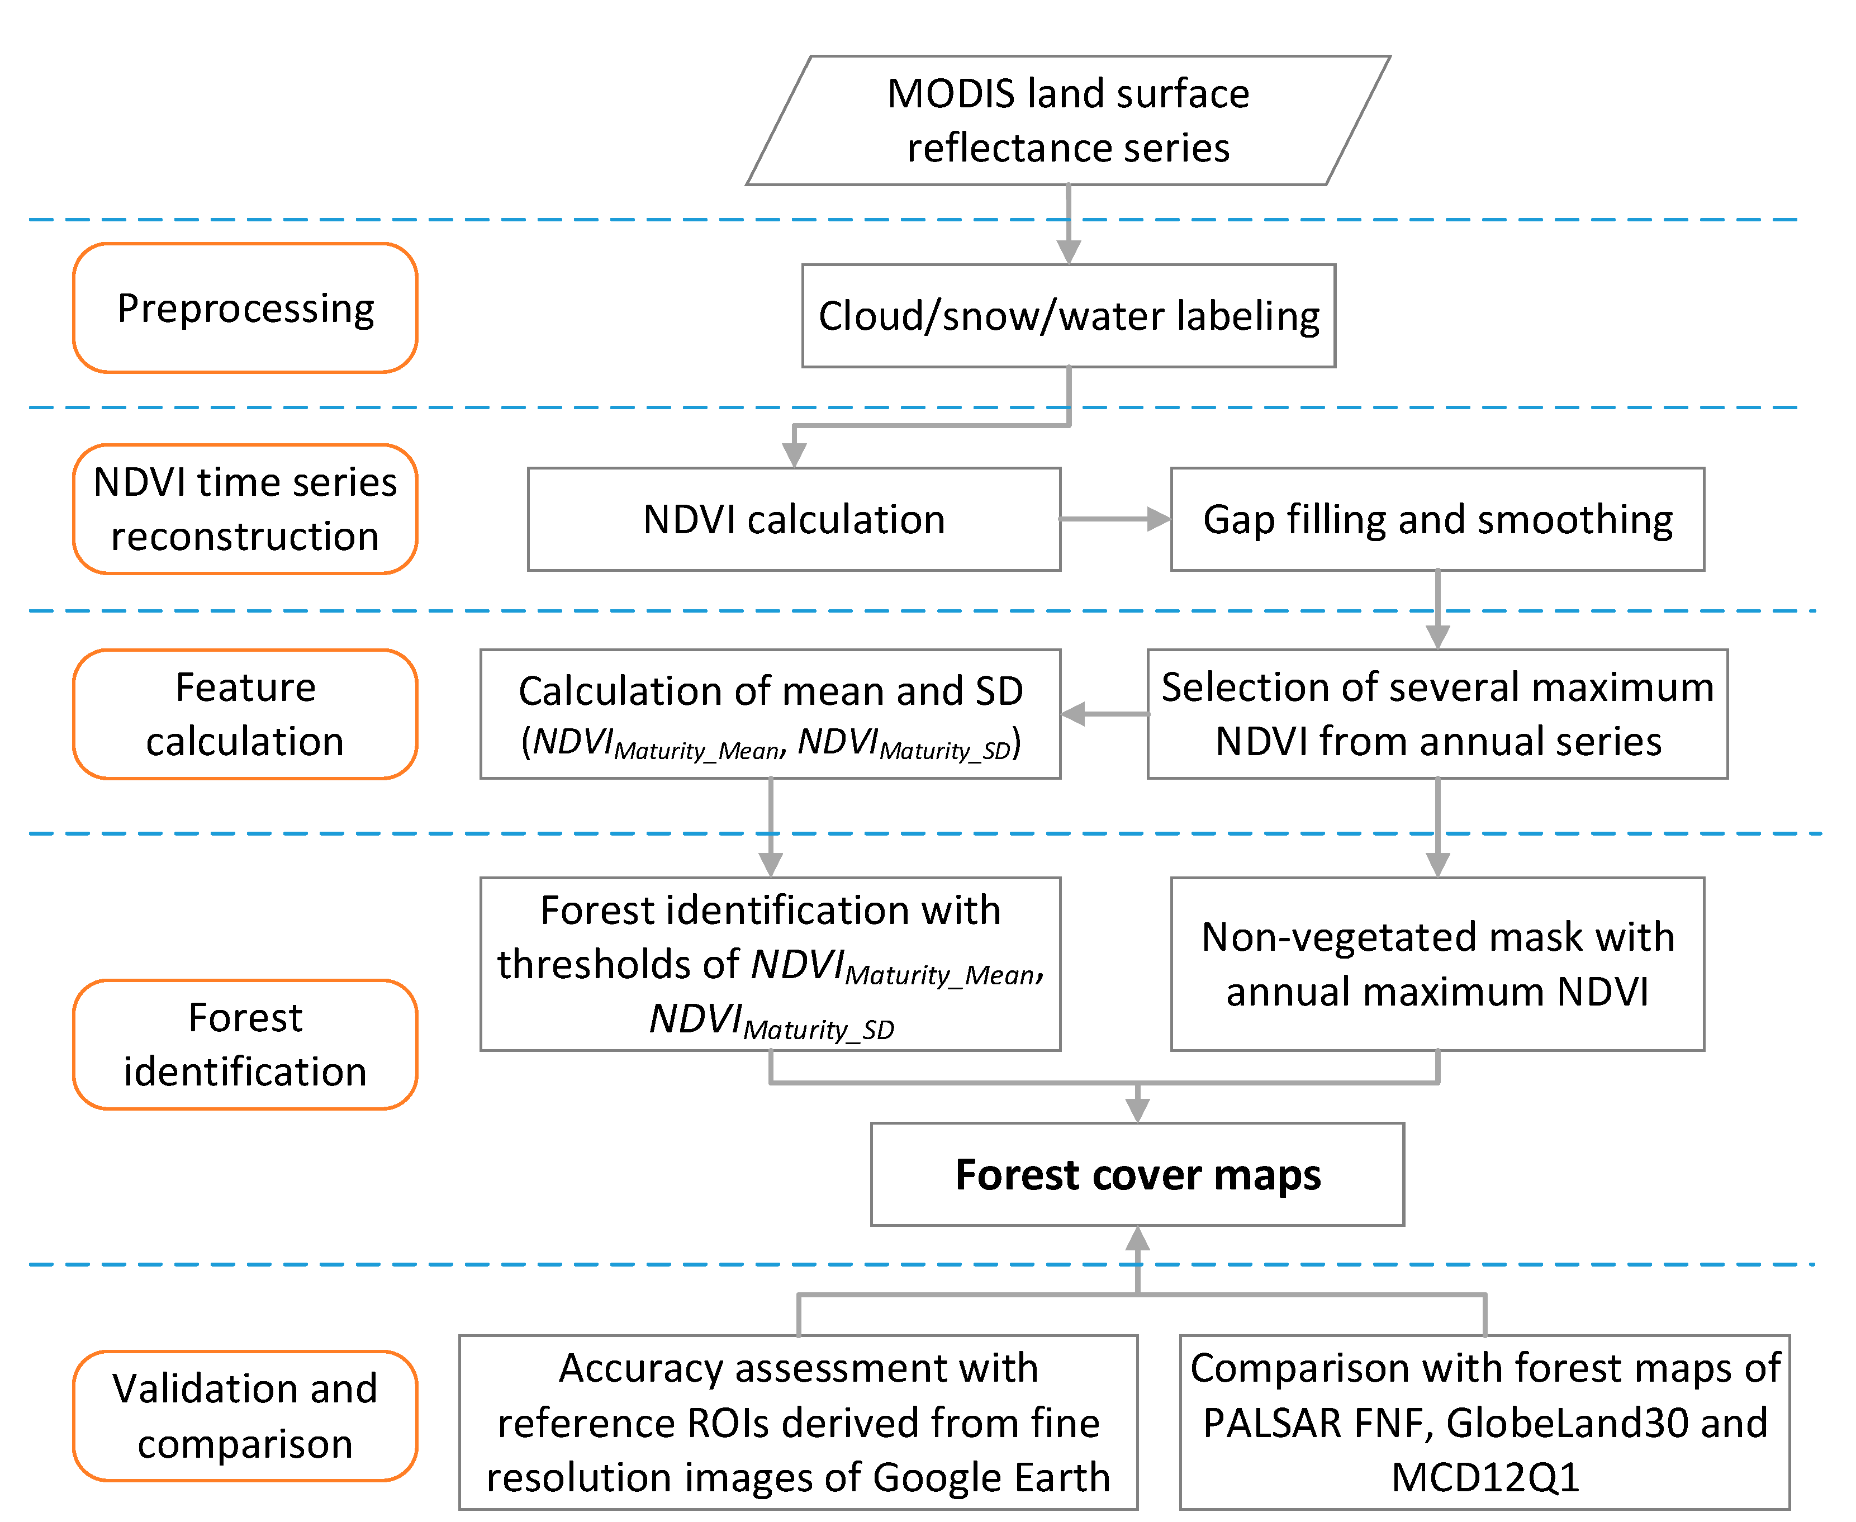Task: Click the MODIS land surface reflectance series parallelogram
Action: pyautogui.click(x=1068, y=120)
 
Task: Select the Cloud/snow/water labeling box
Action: pyautogui.click(x=1068, y=316)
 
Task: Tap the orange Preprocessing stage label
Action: pyautogui.click(x=245, y=308)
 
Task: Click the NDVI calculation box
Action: pyautogui.click(x=794, y=519)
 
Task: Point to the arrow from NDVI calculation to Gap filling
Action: pyautogui.click(x=1115, y=519)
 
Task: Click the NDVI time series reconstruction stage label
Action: pyautogui.click(x=245, y=509)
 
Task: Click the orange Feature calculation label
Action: pyautogui.click(x=245, y=714)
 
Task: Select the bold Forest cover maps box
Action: pyautogui.click(x=1137, y=1174)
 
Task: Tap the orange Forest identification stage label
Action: pyautogui.click(x=245, y=1044)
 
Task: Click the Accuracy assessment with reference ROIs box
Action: pyautogui.click(x=798, y=1422)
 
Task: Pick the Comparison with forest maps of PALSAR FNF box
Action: pyautogui.click(x=1484, y=1422)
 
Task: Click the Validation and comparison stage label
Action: pyautogui.click(x=245, y=1416)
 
